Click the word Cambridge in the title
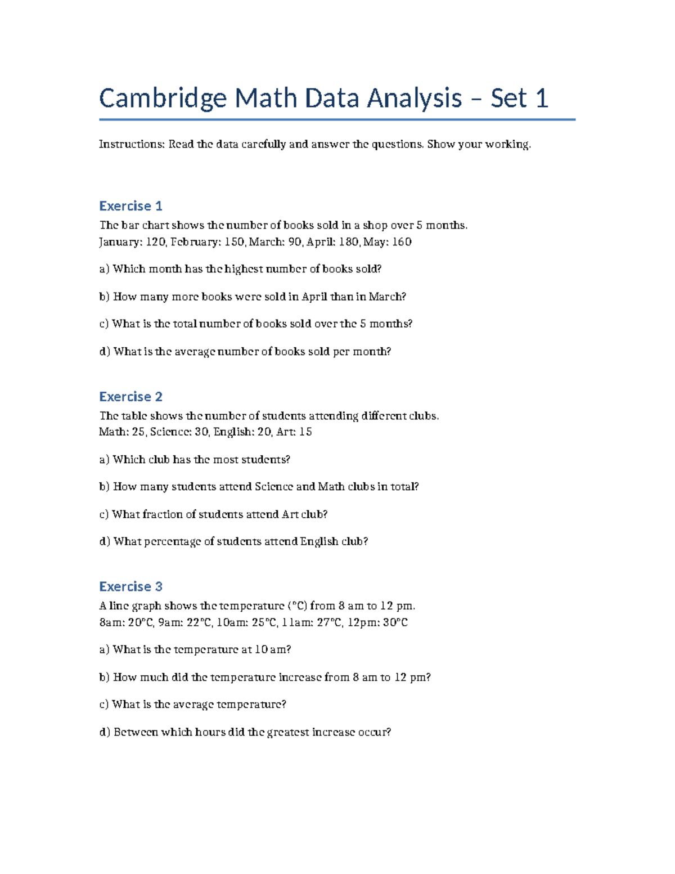click(163, 99)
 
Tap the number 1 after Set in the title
click(542, 98)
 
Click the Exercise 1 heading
click(130, 206)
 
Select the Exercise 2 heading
click(130, 397)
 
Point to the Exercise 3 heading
click(130, 586)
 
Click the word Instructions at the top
click(132, 144)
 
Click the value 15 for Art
click(305, 432)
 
